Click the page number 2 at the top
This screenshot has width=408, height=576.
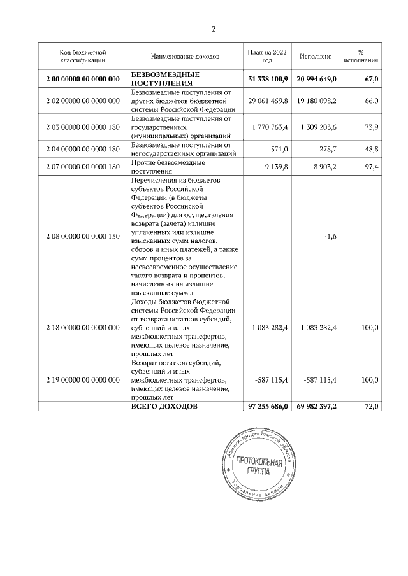click(x=214, y=29)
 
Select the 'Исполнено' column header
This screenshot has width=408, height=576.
click(x=316, y=57)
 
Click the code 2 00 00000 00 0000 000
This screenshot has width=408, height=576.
click(x=83, y=79)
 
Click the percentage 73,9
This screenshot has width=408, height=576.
click(x=371, y=127)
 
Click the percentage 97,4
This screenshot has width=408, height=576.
click(x=371, y=167)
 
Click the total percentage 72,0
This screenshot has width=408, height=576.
click(x=371, y=406)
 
